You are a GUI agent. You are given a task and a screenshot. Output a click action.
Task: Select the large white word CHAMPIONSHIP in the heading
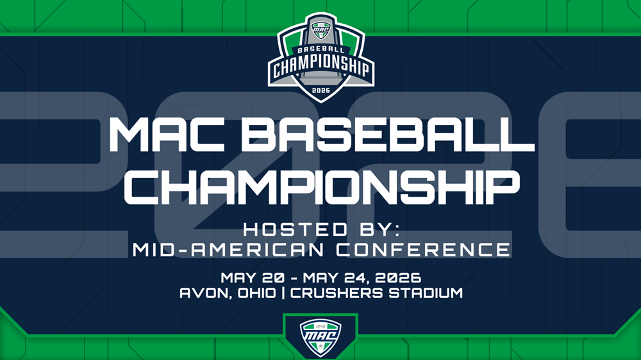[322, 187]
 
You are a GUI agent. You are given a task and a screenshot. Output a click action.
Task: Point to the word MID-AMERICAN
[228, 250]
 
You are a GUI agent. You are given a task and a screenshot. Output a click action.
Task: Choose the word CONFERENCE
[423, 250]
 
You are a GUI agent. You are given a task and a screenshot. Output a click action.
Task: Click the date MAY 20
[252, 278]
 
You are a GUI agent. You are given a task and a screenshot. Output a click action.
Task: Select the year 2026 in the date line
[398, 278]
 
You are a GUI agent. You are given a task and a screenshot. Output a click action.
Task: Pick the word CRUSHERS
[337, 293]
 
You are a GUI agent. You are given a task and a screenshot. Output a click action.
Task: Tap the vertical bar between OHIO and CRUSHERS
[283, 293]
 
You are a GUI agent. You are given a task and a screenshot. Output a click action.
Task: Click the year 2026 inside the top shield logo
[320, 90]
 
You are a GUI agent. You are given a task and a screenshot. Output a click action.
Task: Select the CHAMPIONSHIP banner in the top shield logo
[321, 66]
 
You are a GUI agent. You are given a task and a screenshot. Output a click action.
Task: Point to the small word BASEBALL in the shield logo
[319, 50]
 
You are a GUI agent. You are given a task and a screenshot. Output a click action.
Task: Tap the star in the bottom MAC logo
[320, 347]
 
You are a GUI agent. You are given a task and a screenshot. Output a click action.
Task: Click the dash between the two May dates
[294, 279]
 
